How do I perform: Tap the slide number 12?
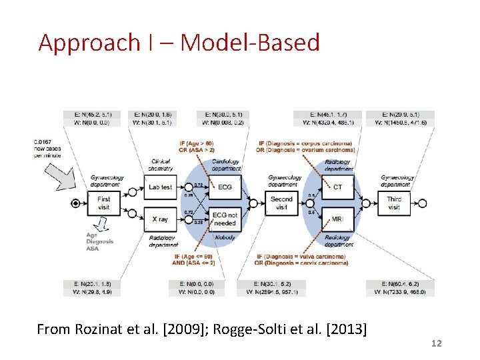(437, 343)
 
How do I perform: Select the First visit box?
(104, 203)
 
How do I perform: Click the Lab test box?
(160, 187)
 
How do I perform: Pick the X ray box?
(160, 219)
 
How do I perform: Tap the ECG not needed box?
(225, 219)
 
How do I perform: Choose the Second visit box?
(281, 203)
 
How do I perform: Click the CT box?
(337, 187)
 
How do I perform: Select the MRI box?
(337, 219)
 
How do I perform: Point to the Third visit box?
(394, 203)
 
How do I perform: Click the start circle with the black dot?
(76, 203)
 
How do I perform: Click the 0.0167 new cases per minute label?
(47, 148)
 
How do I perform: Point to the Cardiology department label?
(227, 165)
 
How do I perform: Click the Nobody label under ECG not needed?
(224, 237)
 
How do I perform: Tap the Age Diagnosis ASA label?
(99, 241)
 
